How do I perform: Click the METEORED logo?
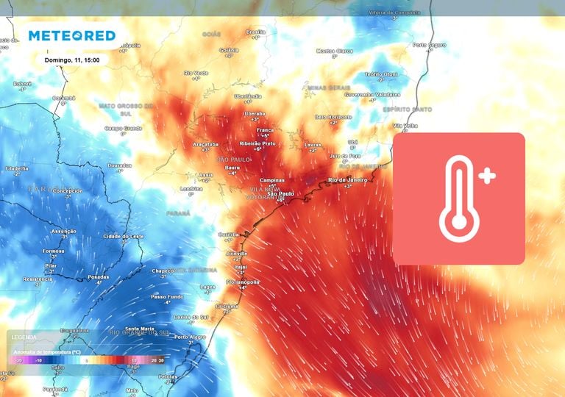tap(72, 35)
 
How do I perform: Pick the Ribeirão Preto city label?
tap(257, 143)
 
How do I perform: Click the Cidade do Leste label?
tap(122, 235)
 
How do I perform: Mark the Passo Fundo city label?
tap(166, 296)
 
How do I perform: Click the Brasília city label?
tap(255, 32)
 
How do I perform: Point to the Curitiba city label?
tap(230, 235)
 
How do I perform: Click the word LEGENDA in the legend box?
tap(25, 337)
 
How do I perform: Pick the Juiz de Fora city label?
tap(338, 156)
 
